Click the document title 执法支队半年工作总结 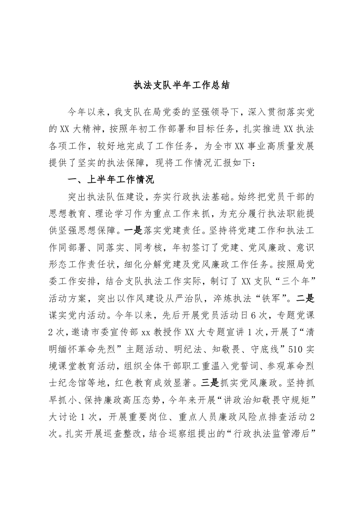tap(180, 85)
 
